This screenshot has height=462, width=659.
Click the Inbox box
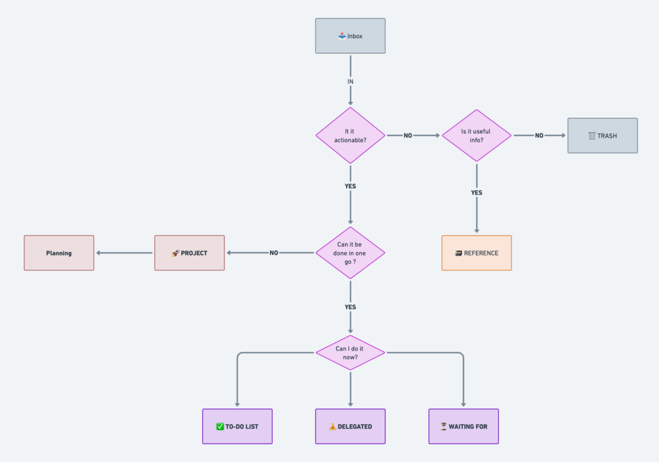pos(350,36)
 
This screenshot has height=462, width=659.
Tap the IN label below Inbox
pos(350,82)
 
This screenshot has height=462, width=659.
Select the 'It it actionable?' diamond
pos(350,136)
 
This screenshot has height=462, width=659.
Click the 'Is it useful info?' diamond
pos(476,136)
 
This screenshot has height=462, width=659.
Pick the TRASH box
pos(602,136)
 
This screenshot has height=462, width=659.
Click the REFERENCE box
pos(476,253)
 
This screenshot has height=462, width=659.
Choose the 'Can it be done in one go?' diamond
pos(350,252)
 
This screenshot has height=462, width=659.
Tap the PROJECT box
pos(189,253)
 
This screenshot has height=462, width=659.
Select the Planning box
pos(59,253)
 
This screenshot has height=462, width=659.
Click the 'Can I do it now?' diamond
pos(350,353)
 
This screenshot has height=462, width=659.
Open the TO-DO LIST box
pos(237,426)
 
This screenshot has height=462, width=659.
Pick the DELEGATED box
pos(350,426)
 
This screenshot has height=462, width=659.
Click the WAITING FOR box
pos(463,426)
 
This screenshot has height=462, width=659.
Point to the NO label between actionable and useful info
pos(408,136)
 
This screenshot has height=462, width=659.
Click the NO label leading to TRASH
pos(539,136)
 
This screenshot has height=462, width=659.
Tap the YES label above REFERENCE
pos(476,193)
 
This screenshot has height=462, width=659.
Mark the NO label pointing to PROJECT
pos(274,253)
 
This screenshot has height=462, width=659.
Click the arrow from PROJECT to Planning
pos(124,253)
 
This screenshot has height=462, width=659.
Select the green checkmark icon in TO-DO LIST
pos(220,426)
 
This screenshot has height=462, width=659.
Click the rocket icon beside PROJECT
pos(175,253)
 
